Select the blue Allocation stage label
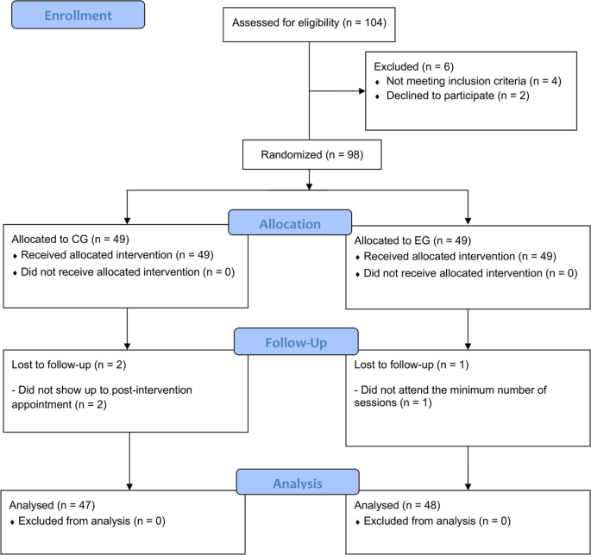point(289,223)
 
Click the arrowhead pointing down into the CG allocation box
point(128,220)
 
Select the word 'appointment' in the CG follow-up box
point(41,402)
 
